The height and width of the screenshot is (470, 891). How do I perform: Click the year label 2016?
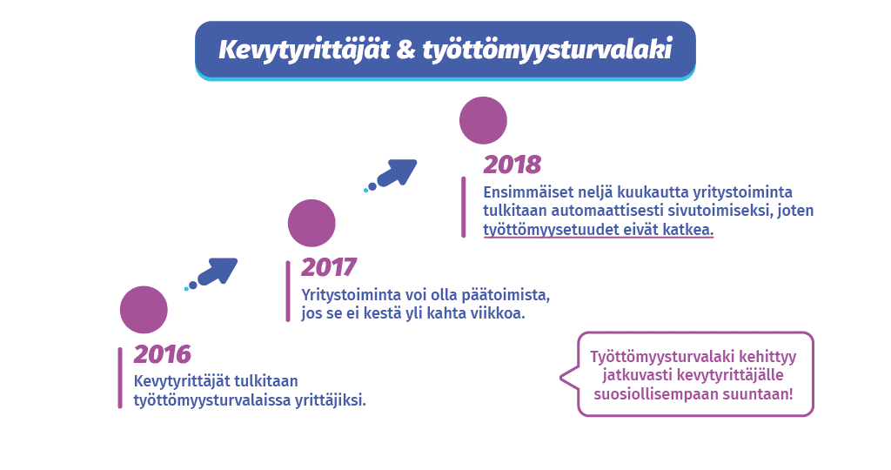point(163,354)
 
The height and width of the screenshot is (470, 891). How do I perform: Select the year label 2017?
point(329,267)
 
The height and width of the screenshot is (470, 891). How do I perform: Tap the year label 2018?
point(512,164)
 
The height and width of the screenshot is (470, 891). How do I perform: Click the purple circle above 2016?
point(144,310)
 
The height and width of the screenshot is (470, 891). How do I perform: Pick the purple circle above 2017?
point(312,223)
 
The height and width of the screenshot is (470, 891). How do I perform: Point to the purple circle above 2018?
point(483,120)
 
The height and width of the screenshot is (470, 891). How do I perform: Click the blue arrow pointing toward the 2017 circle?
point(216,271)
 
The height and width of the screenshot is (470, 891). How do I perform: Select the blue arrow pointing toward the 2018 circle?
point(396,173)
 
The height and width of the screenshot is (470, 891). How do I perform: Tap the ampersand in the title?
point(406,50)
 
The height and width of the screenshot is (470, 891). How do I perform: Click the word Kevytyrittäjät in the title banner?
point(305,50)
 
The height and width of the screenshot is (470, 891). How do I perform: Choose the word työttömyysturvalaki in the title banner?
point(548,50)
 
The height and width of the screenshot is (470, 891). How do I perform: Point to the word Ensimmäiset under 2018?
point(528,192)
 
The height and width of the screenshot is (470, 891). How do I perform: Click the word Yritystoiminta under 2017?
point(351,296)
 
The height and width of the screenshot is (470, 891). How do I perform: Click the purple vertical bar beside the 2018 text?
point(463,207)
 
